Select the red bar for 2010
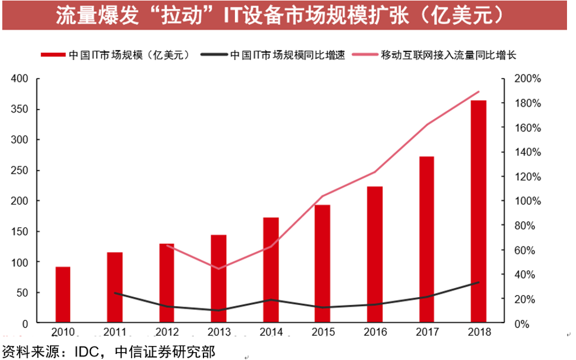coord(63,295)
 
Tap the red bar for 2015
coord(323,264)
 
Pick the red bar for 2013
coord(219,279)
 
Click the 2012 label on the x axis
coord(167,332)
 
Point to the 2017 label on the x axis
coord(427,332)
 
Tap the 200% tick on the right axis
coord(527,79)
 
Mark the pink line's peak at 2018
coord(478,92)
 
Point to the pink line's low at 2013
coord(219,268)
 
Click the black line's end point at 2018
coord(478,282)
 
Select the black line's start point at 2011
coord(115,293)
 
